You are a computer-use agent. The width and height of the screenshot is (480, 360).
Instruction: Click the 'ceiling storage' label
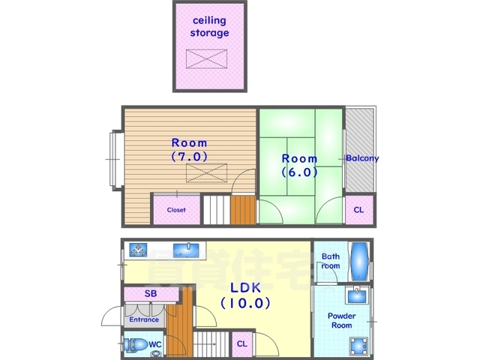coord(210,27)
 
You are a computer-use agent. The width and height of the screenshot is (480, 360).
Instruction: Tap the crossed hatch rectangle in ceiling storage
coord(207,58)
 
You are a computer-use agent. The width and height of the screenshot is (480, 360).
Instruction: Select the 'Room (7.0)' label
coord(189,150)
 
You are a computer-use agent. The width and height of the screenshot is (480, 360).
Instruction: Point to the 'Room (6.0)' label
coord(299,165)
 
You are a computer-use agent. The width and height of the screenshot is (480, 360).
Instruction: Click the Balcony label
coord(362,158)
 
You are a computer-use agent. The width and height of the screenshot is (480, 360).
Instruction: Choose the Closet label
coord(176,210)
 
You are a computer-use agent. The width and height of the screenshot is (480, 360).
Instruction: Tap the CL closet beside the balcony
coord(359,210)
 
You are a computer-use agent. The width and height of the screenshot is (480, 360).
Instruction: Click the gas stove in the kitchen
coord(138,250)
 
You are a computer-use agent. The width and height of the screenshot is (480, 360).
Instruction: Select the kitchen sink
coord(186,250)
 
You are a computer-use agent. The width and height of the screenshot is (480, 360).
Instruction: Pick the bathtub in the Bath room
coord(359,262)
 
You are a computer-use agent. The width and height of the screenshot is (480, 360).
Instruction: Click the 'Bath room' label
coord(331,261)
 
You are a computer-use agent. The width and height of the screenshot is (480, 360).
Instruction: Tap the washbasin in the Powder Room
coord(357,295)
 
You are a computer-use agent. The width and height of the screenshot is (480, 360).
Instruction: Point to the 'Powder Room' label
coord(342,320)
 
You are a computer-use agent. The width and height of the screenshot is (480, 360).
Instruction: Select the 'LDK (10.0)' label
coord(245,295)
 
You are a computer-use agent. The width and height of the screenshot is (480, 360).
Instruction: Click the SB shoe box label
coord(151,293)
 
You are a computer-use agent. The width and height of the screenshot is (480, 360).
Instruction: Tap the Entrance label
coord(144,319)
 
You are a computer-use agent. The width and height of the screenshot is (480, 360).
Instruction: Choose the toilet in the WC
coord(136,345)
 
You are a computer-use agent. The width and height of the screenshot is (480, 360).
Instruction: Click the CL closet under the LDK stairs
coord(242,343)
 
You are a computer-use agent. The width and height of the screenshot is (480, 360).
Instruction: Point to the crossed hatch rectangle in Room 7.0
coord(207,173)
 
